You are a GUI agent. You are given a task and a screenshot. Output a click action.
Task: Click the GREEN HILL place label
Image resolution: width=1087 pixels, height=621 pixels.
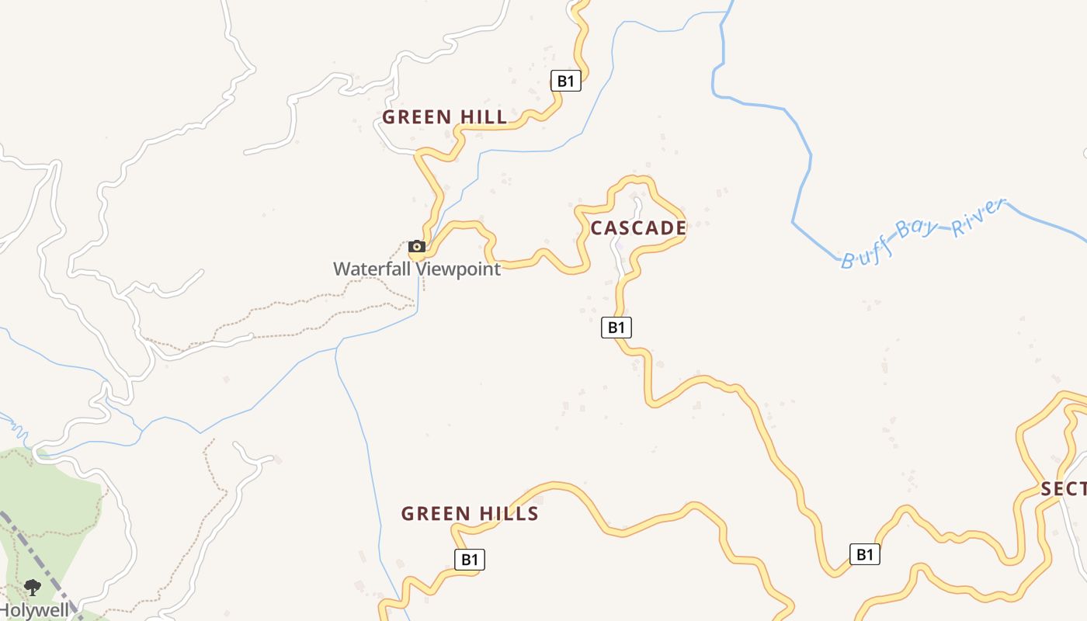click(x=444, y=117)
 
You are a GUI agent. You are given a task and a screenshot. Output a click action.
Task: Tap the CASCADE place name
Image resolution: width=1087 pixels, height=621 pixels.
click(x=638, y=228)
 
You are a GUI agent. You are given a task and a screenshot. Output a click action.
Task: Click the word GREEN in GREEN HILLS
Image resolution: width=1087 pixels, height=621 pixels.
click(x=436, y=514)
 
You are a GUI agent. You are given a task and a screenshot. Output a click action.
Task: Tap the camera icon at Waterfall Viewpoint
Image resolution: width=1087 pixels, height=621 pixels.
click(x=417, y=247)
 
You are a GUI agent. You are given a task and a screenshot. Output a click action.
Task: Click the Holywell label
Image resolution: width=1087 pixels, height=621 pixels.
click(x=34, y=611)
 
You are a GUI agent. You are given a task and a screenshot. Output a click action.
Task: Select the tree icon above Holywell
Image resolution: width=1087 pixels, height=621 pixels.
click(x=33, y=587)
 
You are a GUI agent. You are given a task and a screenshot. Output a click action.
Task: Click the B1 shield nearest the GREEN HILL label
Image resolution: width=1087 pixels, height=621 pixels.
click(x=566, y=81)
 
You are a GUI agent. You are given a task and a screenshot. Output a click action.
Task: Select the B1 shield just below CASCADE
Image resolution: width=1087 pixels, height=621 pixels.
click(x=616, y=328)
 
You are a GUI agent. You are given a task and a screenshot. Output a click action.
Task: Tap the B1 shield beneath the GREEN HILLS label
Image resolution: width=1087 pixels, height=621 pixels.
click(x=469, y=560)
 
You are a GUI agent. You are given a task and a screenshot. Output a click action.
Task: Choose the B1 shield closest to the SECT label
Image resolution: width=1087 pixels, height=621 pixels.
click(x=865, y=554)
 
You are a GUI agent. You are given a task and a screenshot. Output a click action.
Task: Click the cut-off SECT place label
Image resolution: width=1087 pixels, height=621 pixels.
click(x=1063, y=489)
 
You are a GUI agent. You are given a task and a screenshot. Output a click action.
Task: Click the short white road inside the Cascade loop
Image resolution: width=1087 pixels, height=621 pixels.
click(x=621, y=248)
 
